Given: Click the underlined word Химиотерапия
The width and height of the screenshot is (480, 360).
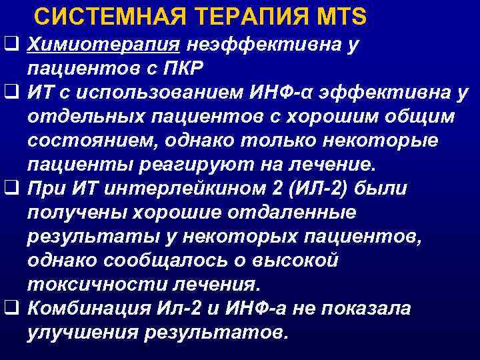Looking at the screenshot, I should click(104, 45).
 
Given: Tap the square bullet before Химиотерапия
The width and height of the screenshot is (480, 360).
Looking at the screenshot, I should click(10, 45).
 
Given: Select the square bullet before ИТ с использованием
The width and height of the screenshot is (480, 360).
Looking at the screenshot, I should click(10, 93).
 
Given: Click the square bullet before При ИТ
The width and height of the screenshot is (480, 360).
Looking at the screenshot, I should click(10, 189).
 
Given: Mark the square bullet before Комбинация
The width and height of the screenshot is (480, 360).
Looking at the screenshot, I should click(10, 309).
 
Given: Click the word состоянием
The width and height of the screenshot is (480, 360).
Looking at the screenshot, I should click(83, 141).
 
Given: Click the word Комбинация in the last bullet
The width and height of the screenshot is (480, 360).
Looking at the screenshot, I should click(87, 309).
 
